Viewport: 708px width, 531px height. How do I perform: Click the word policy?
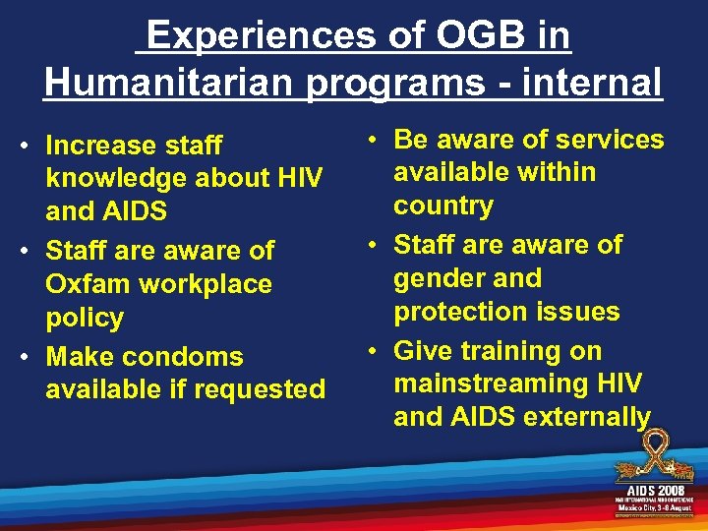coord(85,319)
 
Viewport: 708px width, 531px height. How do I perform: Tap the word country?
coord(443,206)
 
